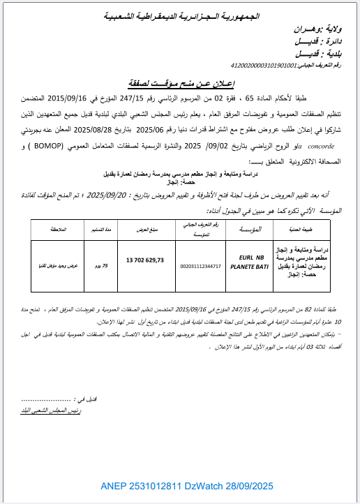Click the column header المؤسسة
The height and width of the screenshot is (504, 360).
[250, 209]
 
